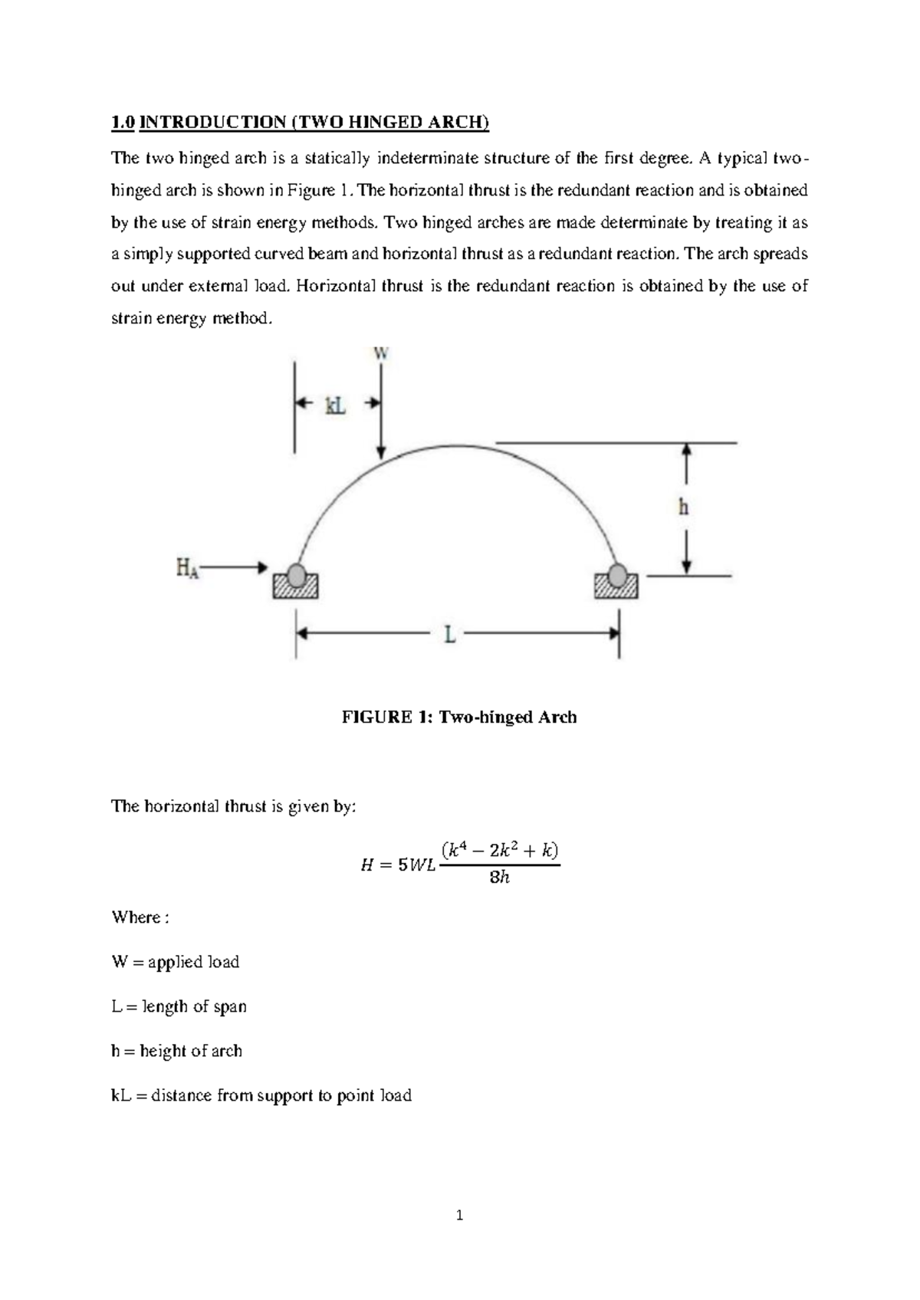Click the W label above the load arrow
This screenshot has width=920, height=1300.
click(381, 353)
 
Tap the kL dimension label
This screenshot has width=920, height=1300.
click(335, 406)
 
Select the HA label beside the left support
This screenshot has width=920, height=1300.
click(187, 568)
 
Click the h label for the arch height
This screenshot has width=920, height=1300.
click(683, 507)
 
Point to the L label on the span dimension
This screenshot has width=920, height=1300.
click(450, 635)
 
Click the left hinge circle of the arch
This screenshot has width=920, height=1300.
click(296, 574)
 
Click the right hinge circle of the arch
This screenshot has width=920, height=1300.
click(618, 574)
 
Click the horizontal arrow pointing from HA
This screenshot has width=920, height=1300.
click(235, 567)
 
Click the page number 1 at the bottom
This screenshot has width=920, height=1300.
click(459, 1216)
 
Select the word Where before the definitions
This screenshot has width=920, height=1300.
click(136, 918)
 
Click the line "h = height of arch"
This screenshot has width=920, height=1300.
click(176, 1051)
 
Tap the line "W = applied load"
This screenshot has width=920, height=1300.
click(175, 962)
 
